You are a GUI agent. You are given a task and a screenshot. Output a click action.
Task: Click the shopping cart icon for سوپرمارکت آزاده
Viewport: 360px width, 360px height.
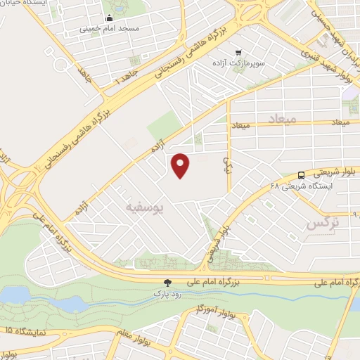239,52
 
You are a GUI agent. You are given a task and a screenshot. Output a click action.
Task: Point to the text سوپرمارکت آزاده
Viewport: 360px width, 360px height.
240,63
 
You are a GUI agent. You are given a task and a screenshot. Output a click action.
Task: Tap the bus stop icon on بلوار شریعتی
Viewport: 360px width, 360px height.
301,174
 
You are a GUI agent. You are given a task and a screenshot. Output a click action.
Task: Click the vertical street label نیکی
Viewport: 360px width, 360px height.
226,165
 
